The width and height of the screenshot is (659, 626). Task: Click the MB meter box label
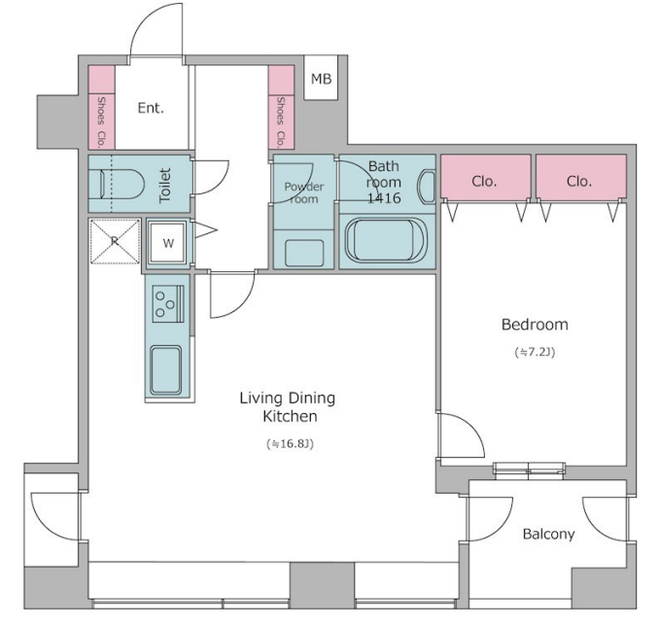321,79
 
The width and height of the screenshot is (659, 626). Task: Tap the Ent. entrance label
151,108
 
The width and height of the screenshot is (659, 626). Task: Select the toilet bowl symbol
121,184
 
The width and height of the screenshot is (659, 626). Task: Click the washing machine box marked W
168,243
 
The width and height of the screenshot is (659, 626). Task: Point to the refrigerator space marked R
115,241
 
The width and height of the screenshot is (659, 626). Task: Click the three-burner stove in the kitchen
168,304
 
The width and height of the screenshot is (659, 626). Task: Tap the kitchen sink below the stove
166,370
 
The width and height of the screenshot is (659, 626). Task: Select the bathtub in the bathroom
386,240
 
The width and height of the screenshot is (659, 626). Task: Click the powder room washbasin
304,253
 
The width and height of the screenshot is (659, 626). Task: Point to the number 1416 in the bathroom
384,197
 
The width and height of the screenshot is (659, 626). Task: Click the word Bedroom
535,325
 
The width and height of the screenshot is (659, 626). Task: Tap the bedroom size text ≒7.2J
535,352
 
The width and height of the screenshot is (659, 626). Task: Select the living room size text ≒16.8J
290,443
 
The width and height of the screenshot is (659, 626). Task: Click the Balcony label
548,534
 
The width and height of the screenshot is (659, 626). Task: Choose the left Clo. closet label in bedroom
484,181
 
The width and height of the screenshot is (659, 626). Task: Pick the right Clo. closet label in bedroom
579,181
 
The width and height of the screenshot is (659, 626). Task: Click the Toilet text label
165,186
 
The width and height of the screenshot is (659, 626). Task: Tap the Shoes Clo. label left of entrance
101,122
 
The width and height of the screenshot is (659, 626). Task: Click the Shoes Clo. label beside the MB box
280,122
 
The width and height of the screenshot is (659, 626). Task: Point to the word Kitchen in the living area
290,416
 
